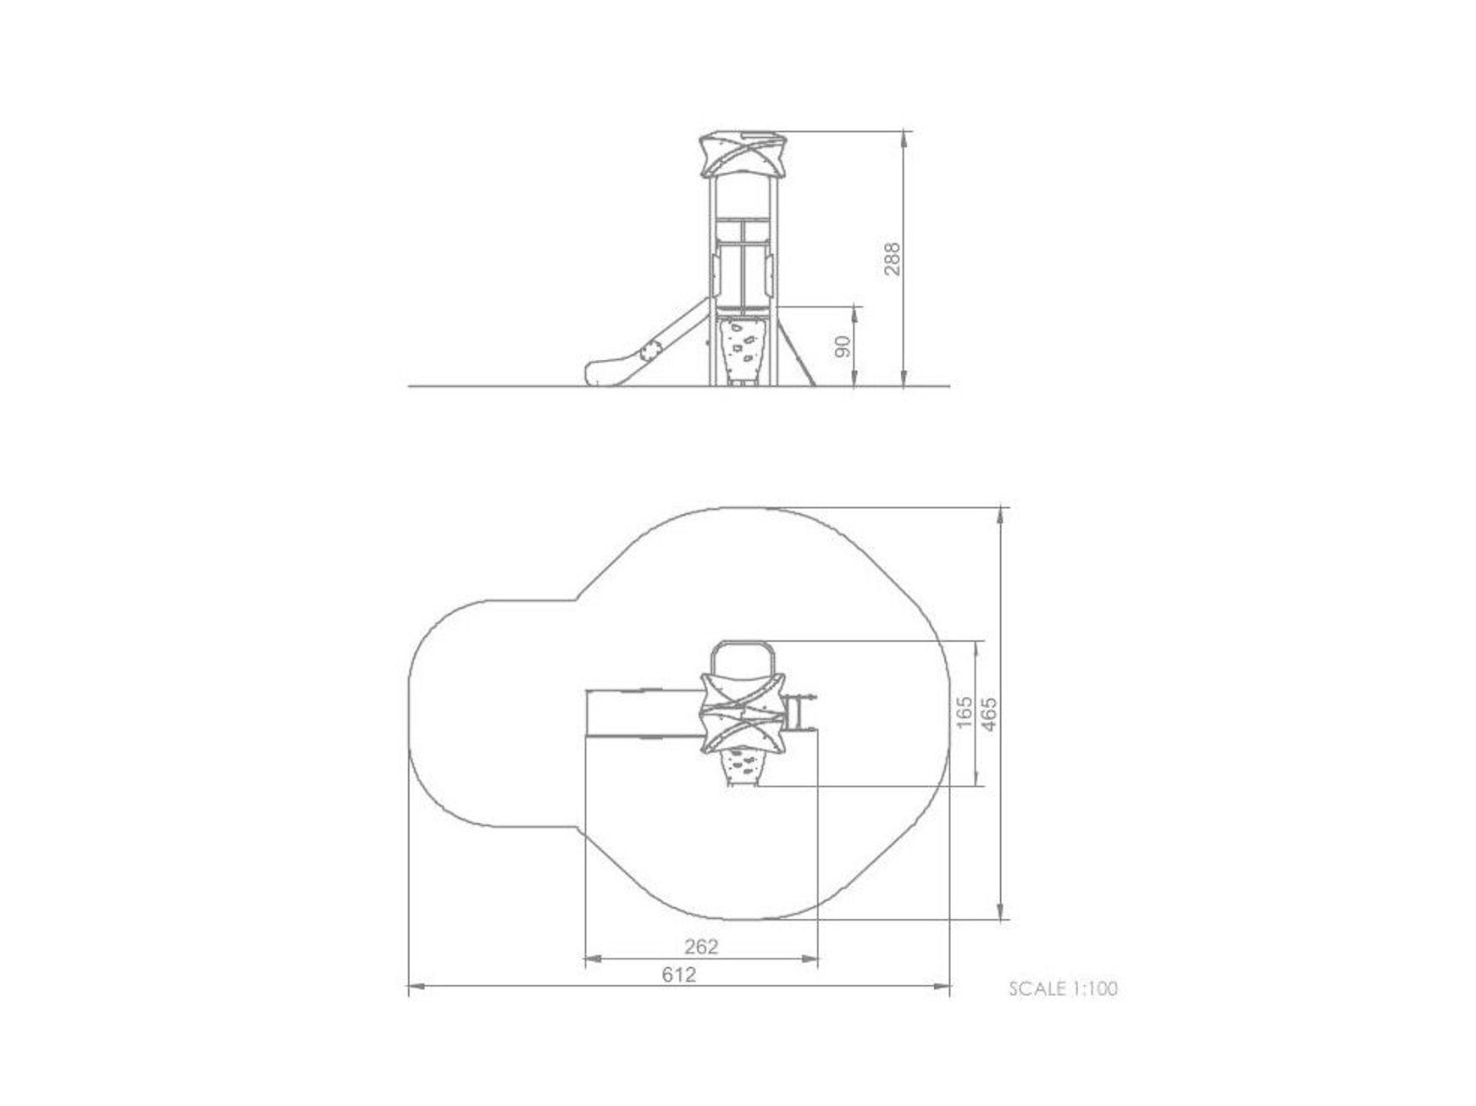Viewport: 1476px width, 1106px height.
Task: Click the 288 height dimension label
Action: point(892,258)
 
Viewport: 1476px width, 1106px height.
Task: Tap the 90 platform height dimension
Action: point(843,346)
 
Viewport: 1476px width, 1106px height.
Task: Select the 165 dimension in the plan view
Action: point(963,713)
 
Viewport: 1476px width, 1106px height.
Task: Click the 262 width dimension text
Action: point(700,946)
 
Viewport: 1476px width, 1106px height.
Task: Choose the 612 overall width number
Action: point(679,975)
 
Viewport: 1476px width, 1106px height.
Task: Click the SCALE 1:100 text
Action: point(1063,988)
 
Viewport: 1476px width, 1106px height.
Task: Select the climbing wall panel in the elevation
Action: point(743,347)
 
